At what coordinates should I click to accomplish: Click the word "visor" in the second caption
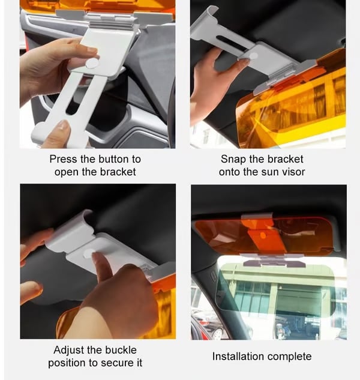click(x=292, y=172)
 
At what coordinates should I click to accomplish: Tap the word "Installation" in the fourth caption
click(x=238, y=357)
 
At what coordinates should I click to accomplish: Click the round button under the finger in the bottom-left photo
click(x=88, y=254)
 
